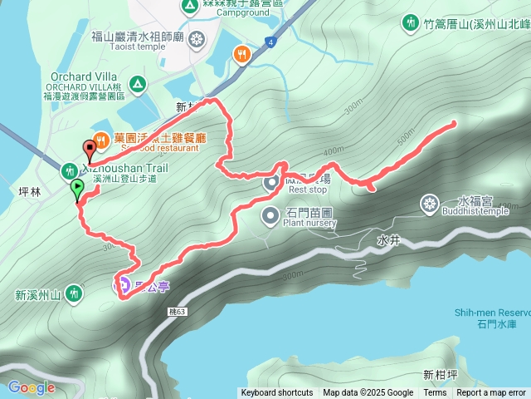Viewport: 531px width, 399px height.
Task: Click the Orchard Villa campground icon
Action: (x=137, y=84)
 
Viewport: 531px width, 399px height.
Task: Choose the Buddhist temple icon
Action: (x=429, y=203)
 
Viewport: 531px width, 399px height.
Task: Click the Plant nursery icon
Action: (x=271, y=216)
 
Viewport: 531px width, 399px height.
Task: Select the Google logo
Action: (x=32, y=387)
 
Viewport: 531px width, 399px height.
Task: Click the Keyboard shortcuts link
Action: (x=276, y=393)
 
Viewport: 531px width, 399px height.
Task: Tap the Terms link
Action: (x=435, y=393)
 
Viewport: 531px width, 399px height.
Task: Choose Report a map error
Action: (x=491, y=393)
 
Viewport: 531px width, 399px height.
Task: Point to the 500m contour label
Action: (x=406, y=132)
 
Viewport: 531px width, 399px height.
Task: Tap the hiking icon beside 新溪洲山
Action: (x=75, y=293)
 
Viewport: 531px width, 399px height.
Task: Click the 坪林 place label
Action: (x=29, y=190)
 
